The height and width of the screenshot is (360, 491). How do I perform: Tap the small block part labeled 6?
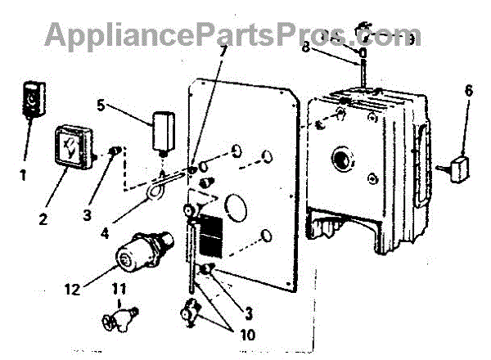[x=462, y=169]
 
